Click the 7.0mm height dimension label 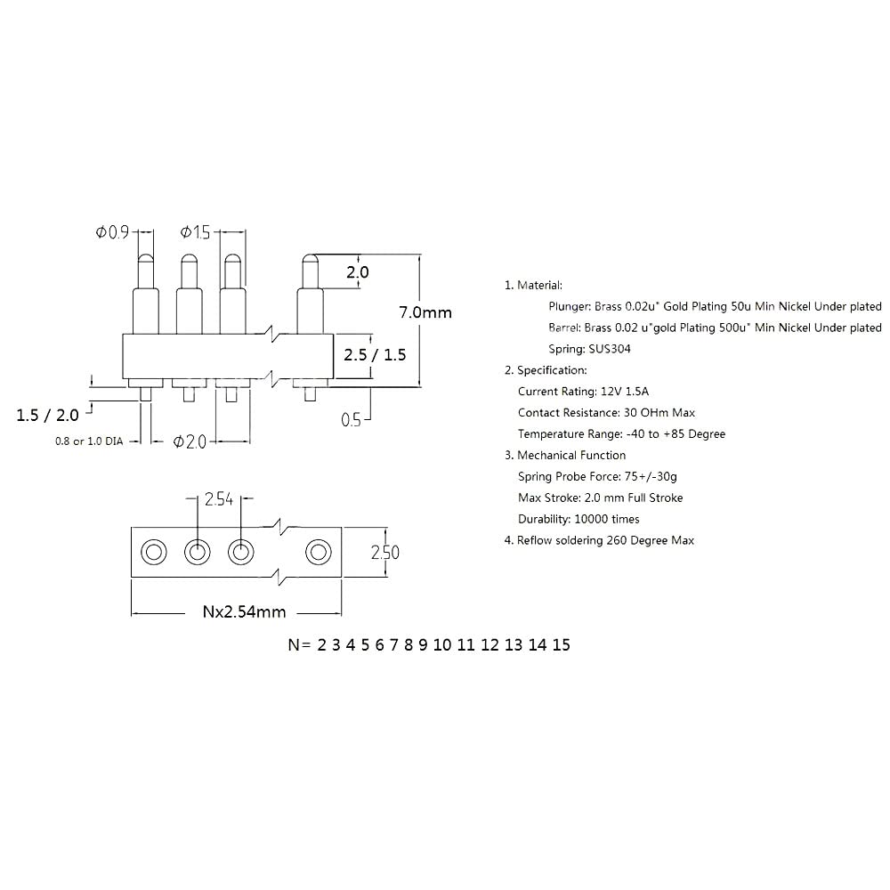pos(425,312)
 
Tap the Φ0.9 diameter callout pos(113,232)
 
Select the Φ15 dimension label pos(196,232)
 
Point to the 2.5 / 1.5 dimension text pos(375,354)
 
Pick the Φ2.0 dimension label pos(190,441)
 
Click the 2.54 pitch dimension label pos(218,499)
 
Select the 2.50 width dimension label pos(384,553)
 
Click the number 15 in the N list pos(561,645)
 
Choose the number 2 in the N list pos(321,645)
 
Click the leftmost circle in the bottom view pos(154,553)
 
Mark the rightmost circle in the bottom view pos(317,553)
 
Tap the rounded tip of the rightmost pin pos(309,260)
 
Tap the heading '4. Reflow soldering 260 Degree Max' pos(599,540)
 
